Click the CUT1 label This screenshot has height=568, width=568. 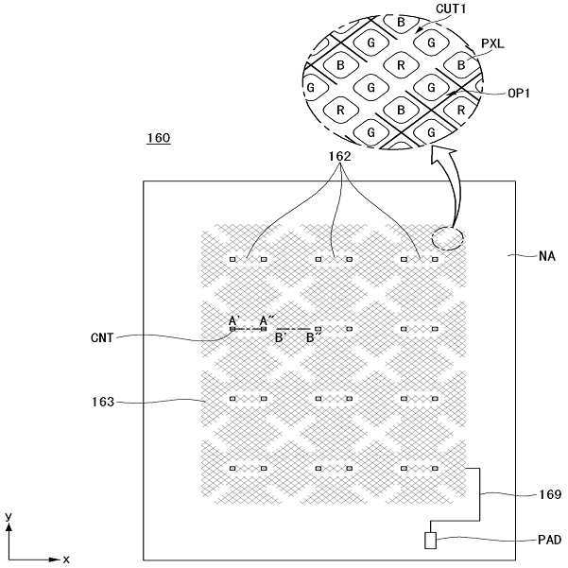pyautogui.click(x=451, y=9)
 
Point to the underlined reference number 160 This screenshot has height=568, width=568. pyautogui.click(x=158, y=139)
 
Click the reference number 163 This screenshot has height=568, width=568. pyautogui.click(x=100, y=403)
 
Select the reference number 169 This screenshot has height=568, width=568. pyautogui.click(x=547, y=494)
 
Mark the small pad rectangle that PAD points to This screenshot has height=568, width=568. pyautogui.click(x=430, y=542)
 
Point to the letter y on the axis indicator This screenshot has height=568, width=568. pyautogui.click(x=8, y=517)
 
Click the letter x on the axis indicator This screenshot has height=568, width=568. pyautogui.click(x=66, y=559)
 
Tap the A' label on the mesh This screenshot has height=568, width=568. pyautogui.click(x=233, y=320)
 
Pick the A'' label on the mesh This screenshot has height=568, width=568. pyautogui.click(x=266, y=320)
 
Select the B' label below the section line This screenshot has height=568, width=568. pyautogui.click(x=282, y=337)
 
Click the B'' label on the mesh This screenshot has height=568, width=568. pyautogui.click(x=312, y=337)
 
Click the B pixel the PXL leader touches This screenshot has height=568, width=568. pyautogui.click(x=460, y=65)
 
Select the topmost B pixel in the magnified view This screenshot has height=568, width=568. pyautogui.click(x=401, y=22)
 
